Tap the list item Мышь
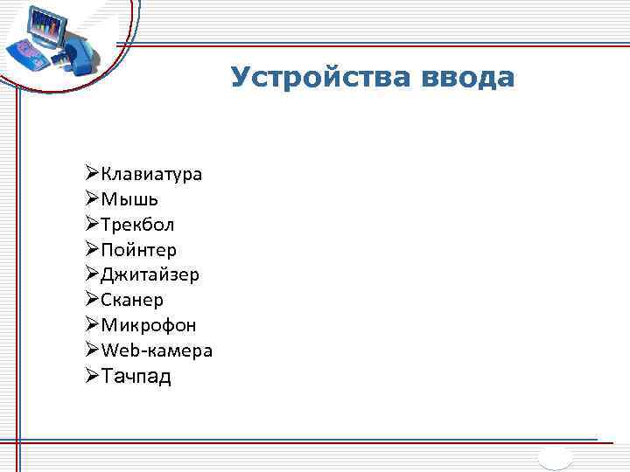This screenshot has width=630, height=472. [129, 199]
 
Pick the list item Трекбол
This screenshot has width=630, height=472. [137, 225]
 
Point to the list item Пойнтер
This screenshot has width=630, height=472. [138, 250]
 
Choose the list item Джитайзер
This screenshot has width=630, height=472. [150, 275]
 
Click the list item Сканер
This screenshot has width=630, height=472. [132, 301]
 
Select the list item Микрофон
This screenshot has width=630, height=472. [148, 325]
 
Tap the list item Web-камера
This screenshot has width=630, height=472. [157, 351]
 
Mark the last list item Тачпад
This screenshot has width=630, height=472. [136, 377]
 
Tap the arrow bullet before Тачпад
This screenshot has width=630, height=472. [93, 377]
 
